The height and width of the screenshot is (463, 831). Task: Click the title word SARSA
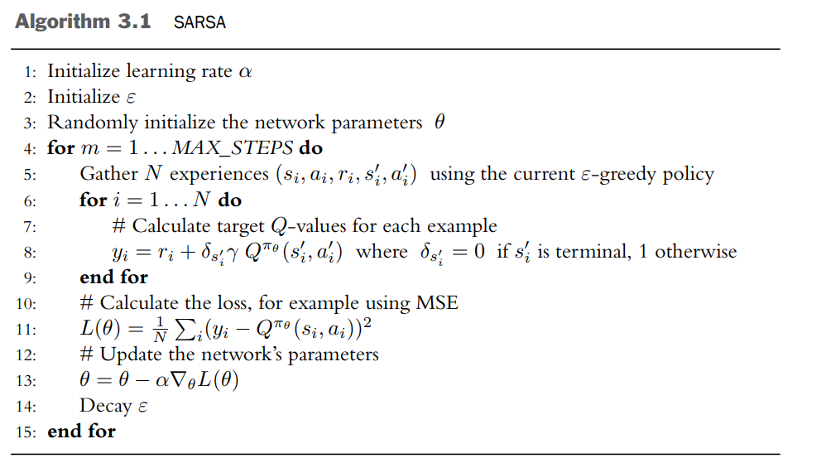199,22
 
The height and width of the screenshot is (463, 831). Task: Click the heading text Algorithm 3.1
83,22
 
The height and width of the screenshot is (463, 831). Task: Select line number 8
30,252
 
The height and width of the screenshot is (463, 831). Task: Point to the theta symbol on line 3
440,123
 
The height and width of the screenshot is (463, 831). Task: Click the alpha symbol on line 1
244,71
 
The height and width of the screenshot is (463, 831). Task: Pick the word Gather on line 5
106,174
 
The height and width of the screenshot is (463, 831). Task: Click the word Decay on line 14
105,406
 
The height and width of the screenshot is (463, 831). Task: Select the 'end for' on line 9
113,277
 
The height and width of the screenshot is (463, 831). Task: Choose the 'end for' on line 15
81,432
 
